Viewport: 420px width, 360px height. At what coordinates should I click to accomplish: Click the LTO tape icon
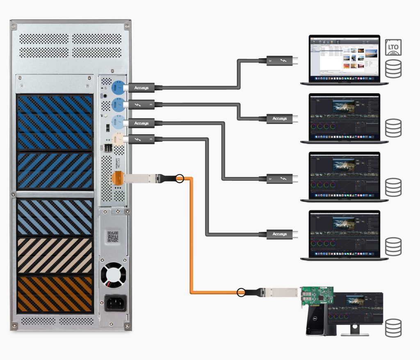point(393,48)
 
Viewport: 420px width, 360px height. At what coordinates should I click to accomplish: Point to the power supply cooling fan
point(114,275)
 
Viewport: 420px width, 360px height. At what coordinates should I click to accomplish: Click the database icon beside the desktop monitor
point(393,327)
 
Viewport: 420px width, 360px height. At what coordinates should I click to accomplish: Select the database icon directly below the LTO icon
point(393,69)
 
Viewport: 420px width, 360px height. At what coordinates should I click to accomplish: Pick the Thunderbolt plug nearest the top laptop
point(279,61)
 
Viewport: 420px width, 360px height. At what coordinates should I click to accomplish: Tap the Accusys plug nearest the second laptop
point(279,119)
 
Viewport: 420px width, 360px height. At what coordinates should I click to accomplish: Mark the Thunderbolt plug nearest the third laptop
point(279,179)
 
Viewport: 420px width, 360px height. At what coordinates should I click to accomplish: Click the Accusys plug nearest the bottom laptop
point(279,234)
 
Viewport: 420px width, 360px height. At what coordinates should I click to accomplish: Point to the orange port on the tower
point(117,178)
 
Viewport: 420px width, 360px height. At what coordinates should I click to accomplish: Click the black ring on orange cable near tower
point(179,178)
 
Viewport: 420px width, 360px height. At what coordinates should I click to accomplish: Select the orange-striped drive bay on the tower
point(55,294)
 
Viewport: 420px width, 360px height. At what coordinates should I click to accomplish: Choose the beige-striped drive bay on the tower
point(55,255)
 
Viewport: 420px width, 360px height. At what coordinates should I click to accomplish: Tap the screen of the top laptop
point(344,57)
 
